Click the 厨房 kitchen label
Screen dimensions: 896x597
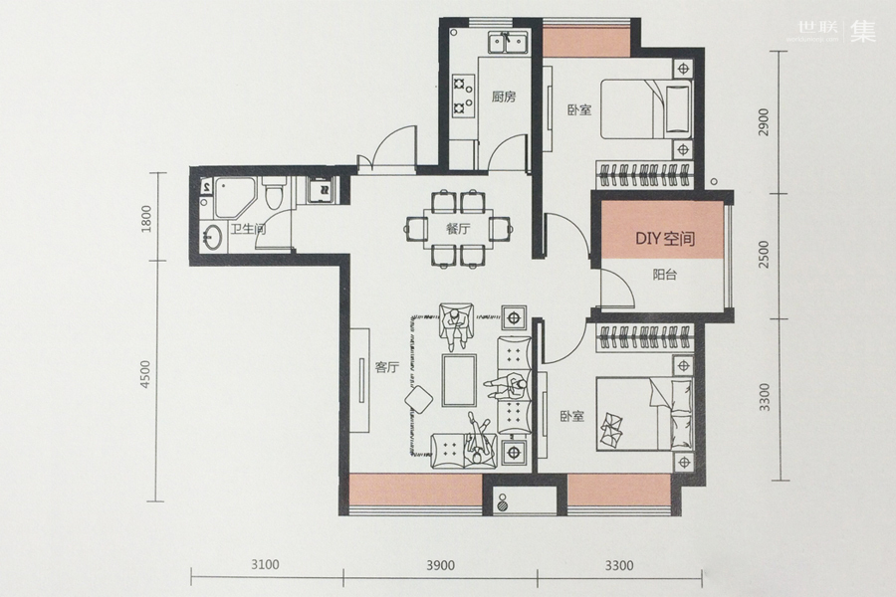[x=504, y=97]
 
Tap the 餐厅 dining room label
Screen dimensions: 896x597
[x=458, y=229]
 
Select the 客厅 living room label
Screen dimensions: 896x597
[x=386, y=368]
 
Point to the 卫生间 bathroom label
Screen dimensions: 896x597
[x=249, y=230]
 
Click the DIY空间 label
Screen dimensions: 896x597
[x=665, y=238]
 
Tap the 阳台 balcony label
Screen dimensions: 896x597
[x=665, y=275]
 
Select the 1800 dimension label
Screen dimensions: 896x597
[x=146, y=218]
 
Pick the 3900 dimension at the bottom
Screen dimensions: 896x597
[x=441, y=565]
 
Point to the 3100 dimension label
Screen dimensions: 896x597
[x=265, y=565]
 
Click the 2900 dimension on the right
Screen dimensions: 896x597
[x=764, y=121]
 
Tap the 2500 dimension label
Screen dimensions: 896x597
[x=764, y=255]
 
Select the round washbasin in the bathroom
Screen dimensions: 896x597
[x=214, y=237]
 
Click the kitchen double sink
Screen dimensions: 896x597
[x=508, y=42]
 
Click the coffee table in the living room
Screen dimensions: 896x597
[x=459, y=380]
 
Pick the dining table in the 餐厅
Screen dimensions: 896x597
[x=458, y=229]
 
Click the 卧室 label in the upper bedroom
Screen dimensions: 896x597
[x=579, y=109]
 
